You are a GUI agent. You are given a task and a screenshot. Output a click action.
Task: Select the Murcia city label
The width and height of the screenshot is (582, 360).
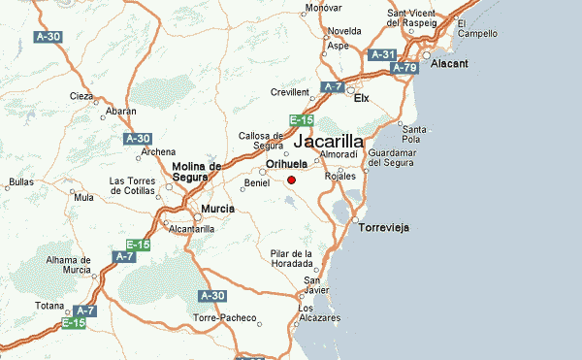click(217, 209)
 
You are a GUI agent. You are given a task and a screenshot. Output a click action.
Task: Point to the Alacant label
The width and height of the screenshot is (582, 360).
click(449, 63)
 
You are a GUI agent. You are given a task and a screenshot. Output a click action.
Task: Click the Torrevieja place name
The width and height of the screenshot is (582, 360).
click(385, 226)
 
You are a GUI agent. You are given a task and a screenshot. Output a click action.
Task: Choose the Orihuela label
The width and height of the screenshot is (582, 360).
click(286, 164)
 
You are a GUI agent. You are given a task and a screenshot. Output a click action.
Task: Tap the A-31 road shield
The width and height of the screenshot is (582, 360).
click(384, 55)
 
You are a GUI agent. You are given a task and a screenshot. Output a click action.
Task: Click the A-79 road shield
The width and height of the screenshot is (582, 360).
click(405, 68)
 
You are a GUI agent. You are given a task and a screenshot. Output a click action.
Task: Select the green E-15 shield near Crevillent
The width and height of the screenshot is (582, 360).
click(300, 120)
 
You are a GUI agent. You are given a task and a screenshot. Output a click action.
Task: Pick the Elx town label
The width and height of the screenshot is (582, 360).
click(363, 98)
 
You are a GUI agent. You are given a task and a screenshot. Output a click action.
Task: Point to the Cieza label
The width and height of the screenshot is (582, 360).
click(81, 96)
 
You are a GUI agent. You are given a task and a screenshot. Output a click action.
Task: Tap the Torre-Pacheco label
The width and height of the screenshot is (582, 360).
click(225, 318)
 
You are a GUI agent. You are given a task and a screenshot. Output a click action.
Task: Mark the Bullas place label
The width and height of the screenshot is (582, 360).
click(20, 181)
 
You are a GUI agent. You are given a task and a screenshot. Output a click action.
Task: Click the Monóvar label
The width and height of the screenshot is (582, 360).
click(324, 9)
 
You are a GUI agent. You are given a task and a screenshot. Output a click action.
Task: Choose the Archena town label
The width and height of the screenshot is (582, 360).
click(158, 151)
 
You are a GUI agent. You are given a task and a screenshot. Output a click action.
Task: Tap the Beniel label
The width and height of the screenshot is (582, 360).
click(257, 182)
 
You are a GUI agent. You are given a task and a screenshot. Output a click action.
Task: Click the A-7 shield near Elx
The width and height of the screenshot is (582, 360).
click(334, 87)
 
